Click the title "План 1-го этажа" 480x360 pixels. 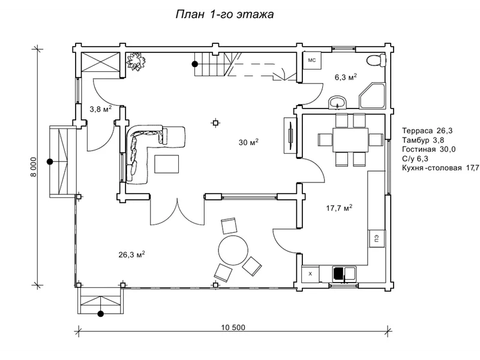pos(224,14)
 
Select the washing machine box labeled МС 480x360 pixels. pos(312,61)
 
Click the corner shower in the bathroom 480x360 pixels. pos(372,95)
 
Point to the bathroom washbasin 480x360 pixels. pos(338,102)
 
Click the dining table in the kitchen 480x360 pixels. pos(350,140)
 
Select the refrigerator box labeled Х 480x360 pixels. pos(310,274)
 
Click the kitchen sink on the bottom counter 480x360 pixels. pos(344,274)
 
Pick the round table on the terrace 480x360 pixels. pos(233,250)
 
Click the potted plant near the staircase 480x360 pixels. pos(136,61)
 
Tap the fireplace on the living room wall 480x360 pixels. pos(290,135)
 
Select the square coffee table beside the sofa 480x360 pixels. pos(167,164)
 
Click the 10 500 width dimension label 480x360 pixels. pos(233,328)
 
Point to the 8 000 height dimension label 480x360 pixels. pos(34,167)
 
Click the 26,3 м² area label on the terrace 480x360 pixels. pos(131,254)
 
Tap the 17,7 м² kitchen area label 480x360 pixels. pos(339,208)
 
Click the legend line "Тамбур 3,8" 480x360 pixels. pos(423,140)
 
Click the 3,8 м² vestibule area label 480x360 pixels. pos(101,109)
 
